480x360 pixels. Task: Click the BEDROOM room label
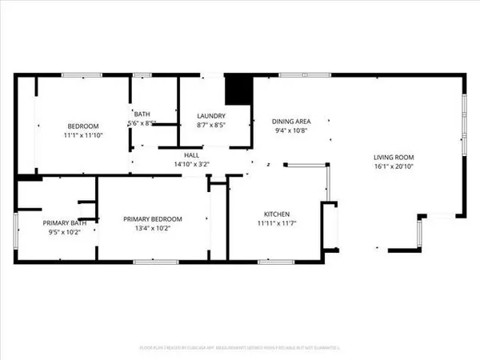point(83,126)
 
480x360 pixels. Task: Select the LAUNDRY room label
point(211,116)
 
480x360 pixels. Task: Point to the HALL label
point(192,155)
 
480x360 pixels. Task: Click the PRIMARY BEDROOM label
point(152,219)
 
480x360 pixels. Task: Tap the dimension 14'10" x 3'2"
point(192,165)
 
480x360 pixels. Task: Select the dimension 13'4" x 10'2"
point(152,230)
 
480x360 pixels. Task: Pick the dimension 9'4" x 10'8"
point(290,130)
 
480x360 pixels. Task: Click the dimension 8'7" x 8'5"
point(211,126)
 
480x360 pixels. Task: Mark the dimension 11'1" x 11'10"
point(83,136)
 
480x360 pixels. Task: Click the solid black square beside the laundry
point(238,90)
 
